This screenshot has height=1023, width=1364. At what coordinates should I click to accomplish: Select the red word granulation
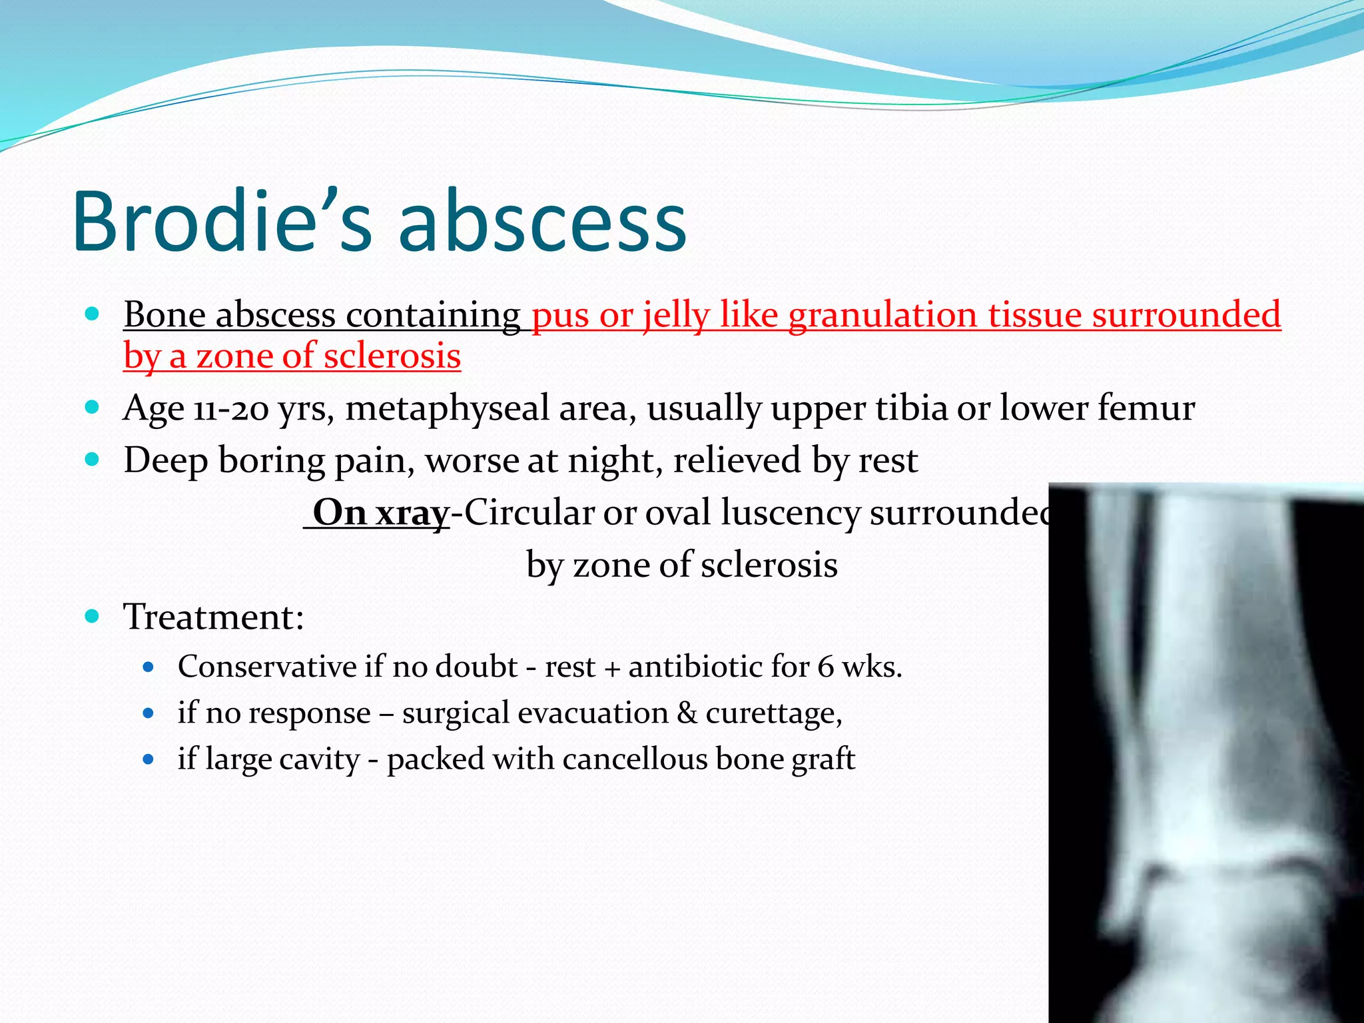coord(882,314)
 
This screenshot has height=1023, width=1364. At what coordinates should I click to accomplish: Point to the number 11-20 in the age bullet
coord(230,408)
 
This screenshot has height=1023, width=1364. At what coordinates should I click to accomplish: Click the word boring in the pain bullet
coord(270,460)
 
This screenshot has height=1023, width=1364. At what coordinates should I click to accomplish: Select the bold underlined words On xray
coord(380,513)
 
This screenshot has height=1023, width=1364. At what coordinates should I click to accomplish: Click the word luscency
coord(790,513)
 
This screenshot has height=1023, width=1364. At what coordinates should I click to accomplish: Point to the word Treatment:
coord(214,617)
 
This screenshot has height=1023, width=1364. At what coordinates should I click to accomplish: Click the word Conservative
coord(267,667)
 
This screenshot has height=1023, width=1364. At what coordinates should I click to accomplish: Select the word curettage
coord(773,713)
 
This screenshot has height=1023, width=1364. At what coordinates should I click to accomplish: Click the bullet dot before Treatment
coord(93,616)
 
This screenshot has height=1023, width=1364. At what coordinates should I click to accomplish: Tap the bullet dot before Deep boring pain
coord(93,460)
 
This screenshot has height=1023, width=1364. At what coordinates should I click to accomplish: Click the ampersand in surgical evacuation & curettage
coord(687,713)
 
